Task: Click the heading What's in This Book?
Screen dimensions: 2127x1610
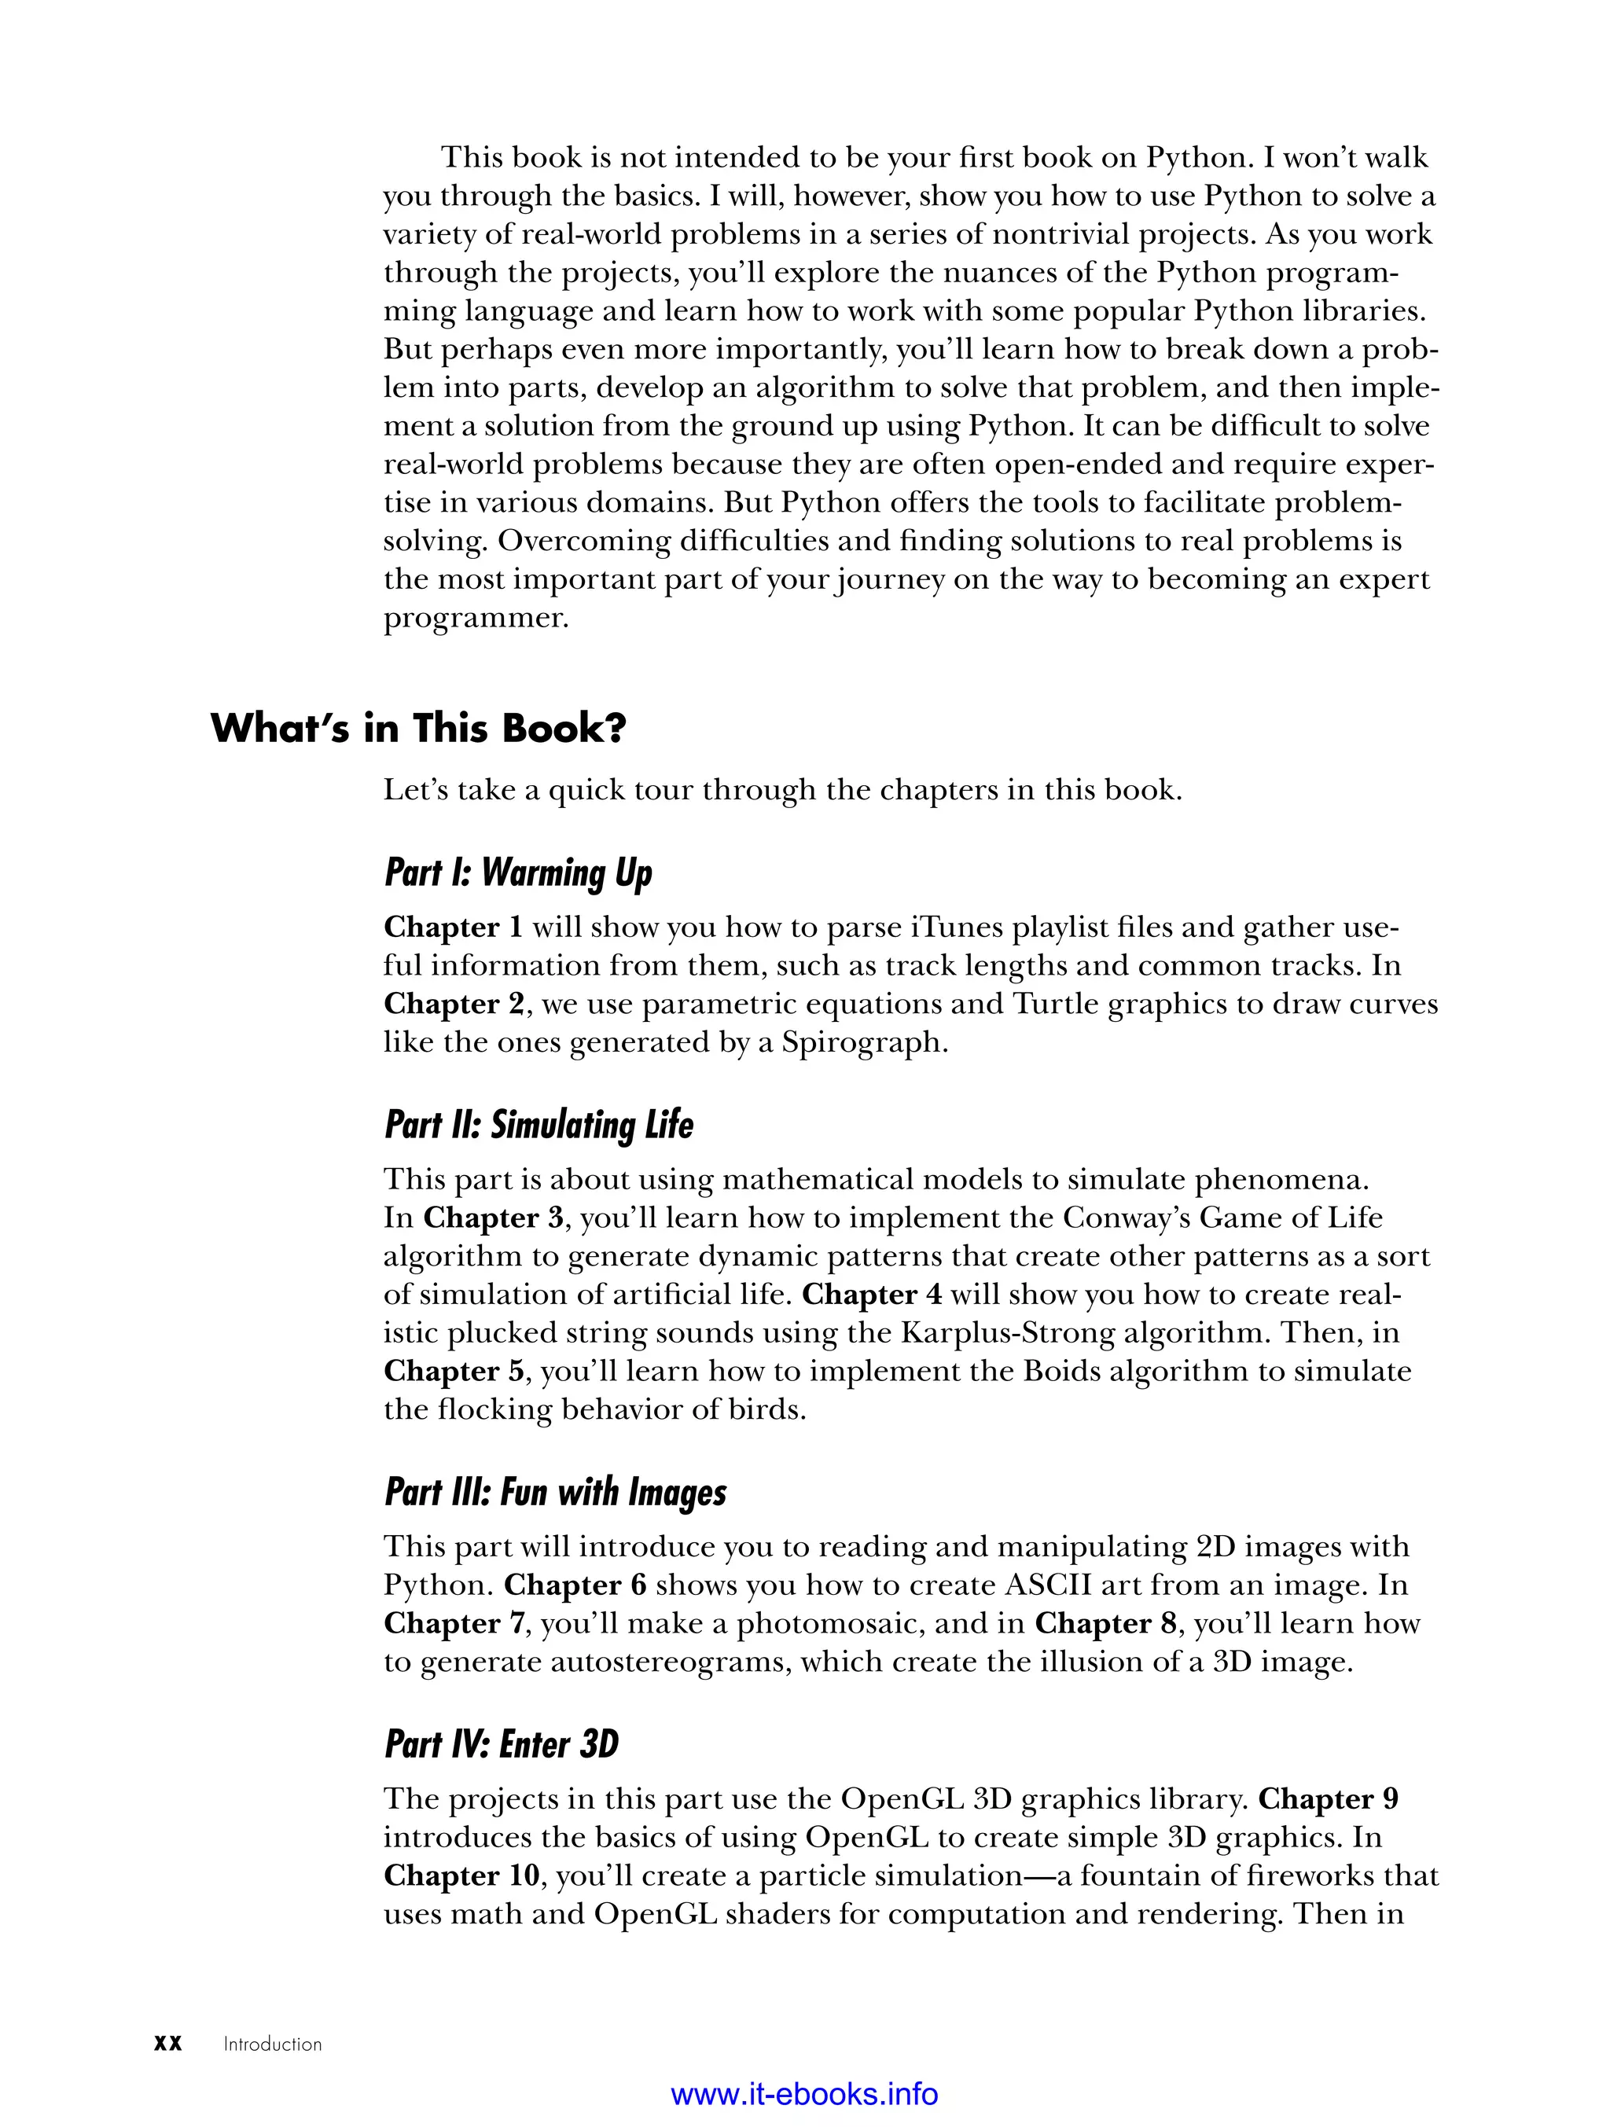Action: (x=418, y=728)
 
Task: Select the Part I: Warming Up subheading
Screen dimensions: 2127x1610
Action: (x=518, y=873)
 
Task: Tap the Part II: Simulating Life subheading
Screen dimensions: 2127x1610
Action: (x=539, y=1125)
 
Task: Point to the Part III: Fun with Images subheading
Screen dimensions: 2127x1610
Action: (x=555, y=1493)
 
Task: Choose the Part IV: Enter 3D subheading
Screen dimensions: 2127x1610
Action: (x=501, y=1744)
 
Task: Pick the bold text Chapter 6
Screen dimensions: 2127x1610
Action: (x=574, y=1585)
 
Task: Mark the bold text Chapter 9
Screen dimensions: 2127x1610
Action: (x=1329, y=1798)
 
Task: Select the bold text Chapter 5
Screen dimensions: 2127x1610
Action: (x=453, y=1371)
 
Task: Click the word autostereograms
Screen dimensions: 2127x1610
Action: (x=669, y=1662)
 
